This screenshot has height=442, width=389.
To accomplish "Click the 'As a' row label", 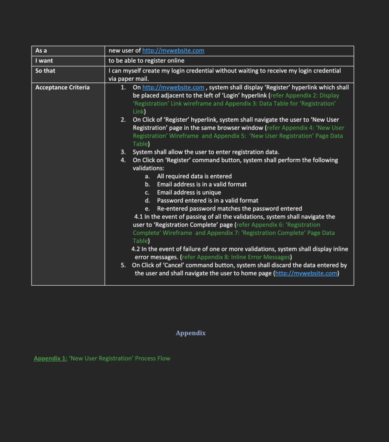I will coord(41,51).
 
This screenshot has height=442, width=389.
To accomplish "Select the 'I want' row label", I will coord(44,61).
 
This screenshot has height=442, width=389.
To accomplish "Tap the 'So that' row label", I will coord(45,71).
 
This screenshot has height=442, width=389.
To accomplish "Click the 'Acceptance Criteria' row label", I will coord(63,88).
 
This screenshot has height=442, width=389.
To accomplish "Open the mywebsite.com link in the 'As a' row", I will coord(173,51).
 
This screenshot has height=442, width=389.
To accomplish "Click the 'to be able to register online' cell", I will coord(146,61).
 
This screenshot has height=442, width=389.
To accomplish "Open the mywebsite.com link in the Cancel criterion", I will coord(306,273).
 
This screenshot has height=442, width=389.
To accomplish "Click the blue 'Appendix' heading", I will coord(190,333).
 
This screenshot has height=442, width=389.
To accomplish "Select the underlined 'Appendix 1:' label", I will coord(51,358).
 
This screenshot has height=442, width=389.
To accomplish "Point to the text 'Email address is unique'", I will coord(189,193).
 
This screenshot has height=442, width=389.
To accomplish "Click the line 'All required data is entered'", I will coord(194,176).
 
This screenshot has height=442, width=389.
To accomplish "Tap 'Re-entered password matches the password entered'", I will coord(229,208).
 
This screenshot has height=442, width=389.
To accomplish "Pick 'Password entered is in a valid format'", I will coord(208,200).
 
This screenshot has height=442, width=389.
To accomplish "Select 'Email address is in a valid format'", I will coord(202,184).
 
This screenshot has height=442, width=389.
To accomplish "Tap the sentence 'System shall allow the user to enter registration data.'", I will coord(206,152).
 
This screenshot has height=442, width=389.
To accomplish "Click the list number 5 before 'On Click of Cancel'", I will coord(123,265).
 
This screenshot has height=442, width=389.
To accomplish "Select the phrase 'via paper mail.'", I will coord(129,79).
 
